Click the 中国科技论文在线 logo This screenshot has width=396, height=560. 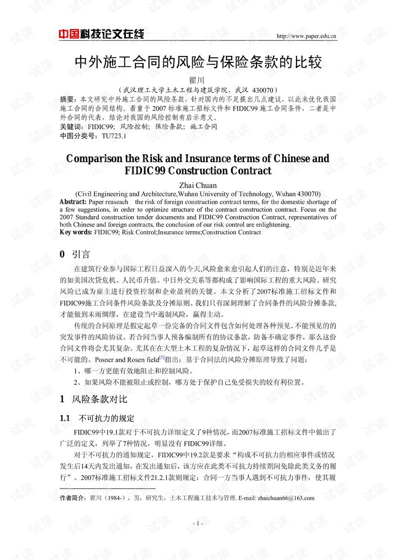pyautogui.click(x=101, y=34)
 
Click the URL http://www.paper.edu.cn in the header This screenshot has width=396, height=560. pyautogui.click(x=306, y=36)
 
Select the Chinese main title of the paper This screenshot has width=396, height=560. pyautogui.click(x=198, y=62)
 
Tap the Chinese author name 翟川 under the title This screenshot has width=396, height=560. pyautogui.click(x=197, y=80)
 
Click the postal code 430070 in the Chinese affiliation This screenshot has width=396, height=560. pyautogui.click(x=262, y=90)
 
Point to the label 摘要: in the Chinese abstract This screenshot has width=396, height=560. pyautogui.click(x=68, y=99)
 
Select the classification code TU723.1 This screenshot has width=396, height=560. pyautogui.click(x=114, y=136)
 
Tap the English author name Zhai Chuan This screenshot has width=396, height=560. pyautogui.click(x=198, y=185)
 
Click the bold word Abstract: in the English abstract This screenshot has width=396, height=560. pyautogui.click(x=73, y=202)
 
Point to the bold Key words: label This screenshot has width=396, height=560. pyautogui.click(x=76, y=232)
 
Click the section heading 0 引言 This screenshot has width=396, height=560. pyautogui.click(x=75, y=254)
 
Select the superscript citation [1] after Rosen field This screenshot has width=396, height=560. pyautogui.click(x=162, y=357)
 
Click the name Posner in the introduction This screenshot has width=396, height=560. pyautogui.click(x=104, y=360)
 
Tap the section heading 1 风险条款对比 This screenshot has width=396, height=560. pyautogui.click(x=94, y=399)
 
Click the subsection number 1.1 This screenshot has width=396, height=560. pyautogui.click(x=65, y=418)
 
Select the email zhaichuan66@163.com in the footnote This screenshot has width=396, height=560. pyautogui.click(x=286, y=498)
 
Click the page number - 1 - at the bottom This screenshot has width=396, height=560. pyautogui.click(x=198, y=523)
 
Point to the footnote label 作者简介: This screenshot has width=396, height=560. pyautogui.click(x=73, y=498)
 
